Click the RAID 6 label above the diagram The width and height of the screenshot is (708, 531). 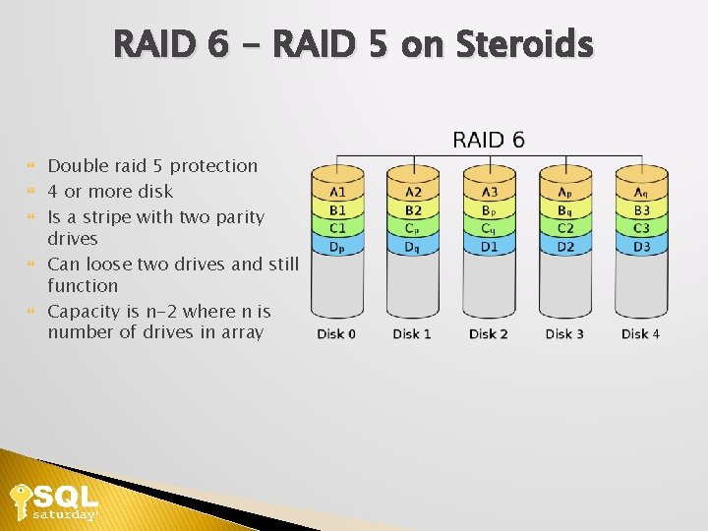(488, 140)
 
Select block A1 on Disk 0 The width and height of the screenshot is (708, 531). (337, 192)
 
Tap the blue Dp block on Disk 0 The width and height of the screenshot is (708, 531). (337, 246)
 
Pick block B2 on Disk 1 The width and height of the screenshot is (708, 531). (413, 209)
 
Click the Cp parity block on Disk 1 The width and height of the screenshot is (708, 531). (413, 228)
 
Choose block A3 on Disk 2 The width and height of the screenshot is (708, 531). (489, 192)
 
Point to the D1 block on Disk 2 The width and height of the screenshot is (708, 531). (489, 246)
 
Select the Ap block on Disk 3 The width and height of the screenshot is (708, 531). (565, 192)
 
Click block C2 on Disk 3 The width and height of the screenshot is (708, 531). (565, 228)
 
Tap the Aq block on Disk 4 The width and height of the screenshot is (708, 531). (641, 192)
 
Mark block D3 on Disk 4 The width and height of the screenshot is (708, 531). (641, 246)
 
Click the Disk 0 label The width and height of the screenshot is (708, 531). (336, 334)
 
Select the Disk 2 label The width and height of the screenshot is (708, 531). (489, 334)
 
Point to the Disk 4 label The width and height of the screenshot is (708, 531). (640, 334)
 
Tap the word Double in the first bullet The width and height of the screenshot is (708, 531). (78, 166)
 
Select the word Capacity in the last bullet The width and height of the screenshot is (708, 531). (83, 312)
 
